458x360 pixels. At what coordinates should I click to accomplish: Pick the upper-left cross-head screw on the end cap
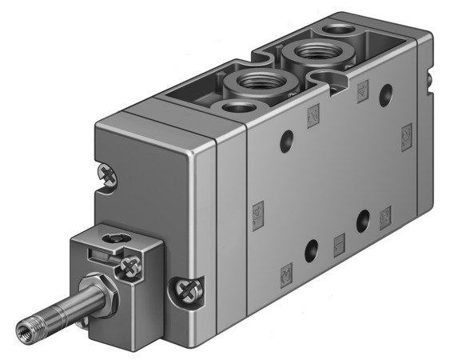pos(107,171)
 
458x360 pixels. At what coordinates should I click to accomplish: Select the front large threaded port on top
pos(247,82)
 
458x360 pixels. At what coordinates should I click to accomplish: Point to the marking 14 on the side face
pos(257,212)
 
